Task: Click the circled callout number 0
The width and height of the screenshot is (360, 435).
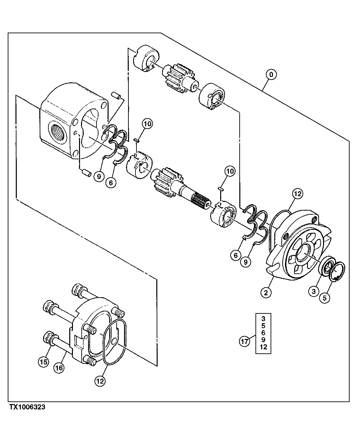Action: pos(271,74)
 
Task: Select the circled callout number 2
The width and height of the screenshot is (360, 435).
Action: pos(266,293)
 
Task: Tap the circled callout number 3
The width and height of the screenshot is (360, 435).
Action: pos(314,291)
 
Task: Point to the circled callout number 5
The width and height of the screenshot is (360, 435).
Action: pos(325,297)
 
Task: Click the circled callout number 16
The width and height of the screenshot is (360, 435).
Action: pos(59,368)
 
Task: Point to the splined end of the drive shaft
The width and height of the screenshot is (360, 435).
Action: pos(201,203)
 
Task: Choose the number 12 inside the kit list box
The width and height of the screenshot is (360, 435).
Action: pos(263,347)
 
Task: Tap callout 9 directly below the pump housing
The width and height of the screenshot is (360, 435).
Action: pos(98,176)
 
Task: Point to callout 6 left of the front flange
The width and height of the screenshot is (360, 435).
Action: pos(235,256)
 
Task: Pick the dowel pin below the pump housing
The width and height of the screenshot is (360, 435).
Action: pos(87,174)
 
